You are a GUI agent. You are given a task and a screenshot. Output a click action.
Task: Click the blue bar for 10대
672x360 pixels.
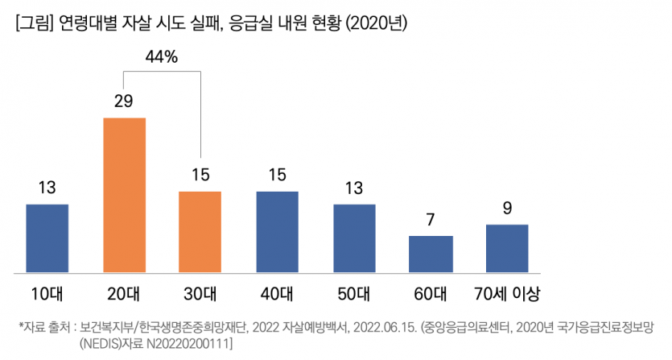coord(47,238)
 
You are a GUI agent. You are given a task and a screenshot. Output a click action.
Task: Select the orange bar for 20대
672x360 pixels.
coord(124,194)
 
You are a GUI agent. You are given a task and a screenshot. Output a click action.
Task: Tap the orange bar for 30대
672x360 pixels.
coord(200,231)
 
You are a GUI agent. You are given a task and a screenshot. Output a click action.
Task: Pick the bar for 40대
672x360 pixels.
coord(278,231)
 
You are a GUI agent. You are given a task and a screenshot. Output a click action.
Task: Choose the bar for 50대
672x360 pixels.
coord(354,238)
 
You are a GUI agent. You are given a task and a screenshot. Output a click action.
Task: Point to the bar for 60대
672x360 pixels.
coord(431,254)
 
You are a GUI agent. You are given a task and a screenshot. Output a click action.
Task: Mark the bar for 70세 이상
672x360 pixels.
coord(507,248)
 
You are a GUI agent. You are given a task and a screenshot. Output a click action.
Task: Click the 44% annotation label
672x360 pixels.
coord(162,57)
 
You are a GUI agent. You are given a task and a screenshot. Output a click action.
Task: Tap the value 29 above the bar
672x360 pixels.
coord(124,101)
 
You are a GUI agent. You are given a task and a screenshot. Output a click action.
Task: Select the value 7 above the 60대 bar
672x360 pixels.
coord(431,220)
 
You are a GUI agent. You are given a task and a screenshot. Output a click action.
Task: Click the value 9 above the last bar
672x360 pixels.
coord(507,209)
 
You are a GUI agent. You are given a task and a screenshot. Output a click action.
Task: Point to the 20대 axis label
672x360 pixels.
coord(124,291)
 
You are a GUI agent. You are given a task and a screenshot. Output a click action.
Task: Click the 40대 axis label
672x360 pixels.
coord(278,291)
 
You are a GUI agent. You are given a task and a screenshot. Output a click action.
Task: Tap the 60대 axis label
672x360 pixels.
coord(431,291)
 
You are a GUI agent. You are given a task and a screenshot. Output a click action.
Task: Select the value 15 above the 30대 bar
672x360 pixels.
coord(200,175)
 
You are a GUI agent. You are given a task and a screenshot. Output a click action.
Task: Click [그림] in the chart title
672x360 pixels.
coord(33,24)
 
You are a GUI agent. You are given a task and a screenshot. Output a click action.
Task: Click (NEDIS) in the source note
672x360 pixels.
coord(100,344)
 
